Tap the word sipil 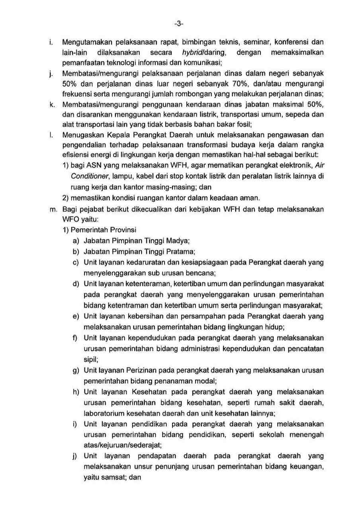(x=91, y=359)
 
